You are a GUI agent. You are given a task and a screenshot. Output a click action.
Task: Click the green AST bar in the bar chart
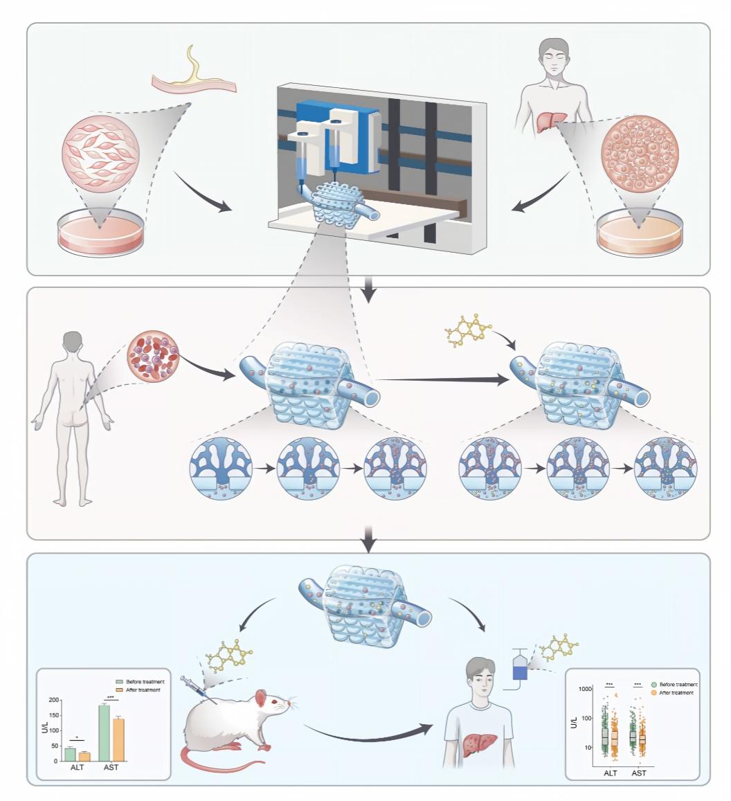tap(104, 733)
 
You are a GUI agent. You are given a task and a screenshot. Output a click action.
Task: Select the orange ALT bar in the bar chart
tap(84, 757)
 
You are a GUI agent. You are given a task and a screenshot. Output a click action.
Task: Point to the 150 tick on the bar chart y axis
tap(53, 715)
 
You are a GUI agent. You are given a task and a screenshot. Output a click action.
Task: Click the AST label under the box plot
tap(638, 773)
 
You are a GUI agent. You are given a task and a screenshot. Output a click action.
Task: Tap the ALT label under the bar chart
tap(77, 767)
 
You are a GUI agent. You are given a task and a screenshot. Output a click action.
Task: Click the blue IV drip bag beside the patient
tap(519, 667)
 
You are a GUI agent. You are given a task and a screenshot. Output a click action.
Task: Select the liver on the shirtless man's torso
tap(551, 122)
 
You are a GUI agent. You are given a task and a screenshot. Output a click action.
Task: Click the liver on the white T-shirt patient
tap(479, 745)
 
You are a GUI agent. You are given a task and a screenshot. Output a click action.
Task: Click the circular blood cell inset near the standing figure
tap(153, 356)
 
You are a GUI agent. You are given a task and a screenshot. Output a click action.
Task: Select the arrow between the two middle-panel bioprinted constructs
tap(443, 379)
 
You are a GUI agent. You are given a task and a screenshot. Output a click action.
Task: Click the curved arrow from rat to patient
tap(368, 737)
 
